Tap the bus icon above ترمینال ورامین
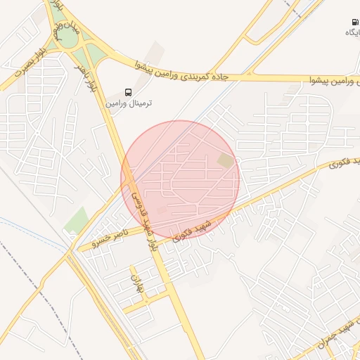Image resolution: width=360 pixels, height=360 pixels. point(128,92)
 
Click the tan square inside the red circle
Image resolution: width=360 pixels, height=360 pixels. point(225,161)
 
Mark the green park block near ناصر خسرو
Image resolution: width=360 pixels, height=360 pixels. point(76,221)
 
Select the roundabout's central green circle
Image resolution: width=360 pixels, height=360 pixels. point(66,34)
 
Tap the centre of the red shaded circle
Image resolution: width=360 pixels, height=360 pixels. point(180,179)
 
